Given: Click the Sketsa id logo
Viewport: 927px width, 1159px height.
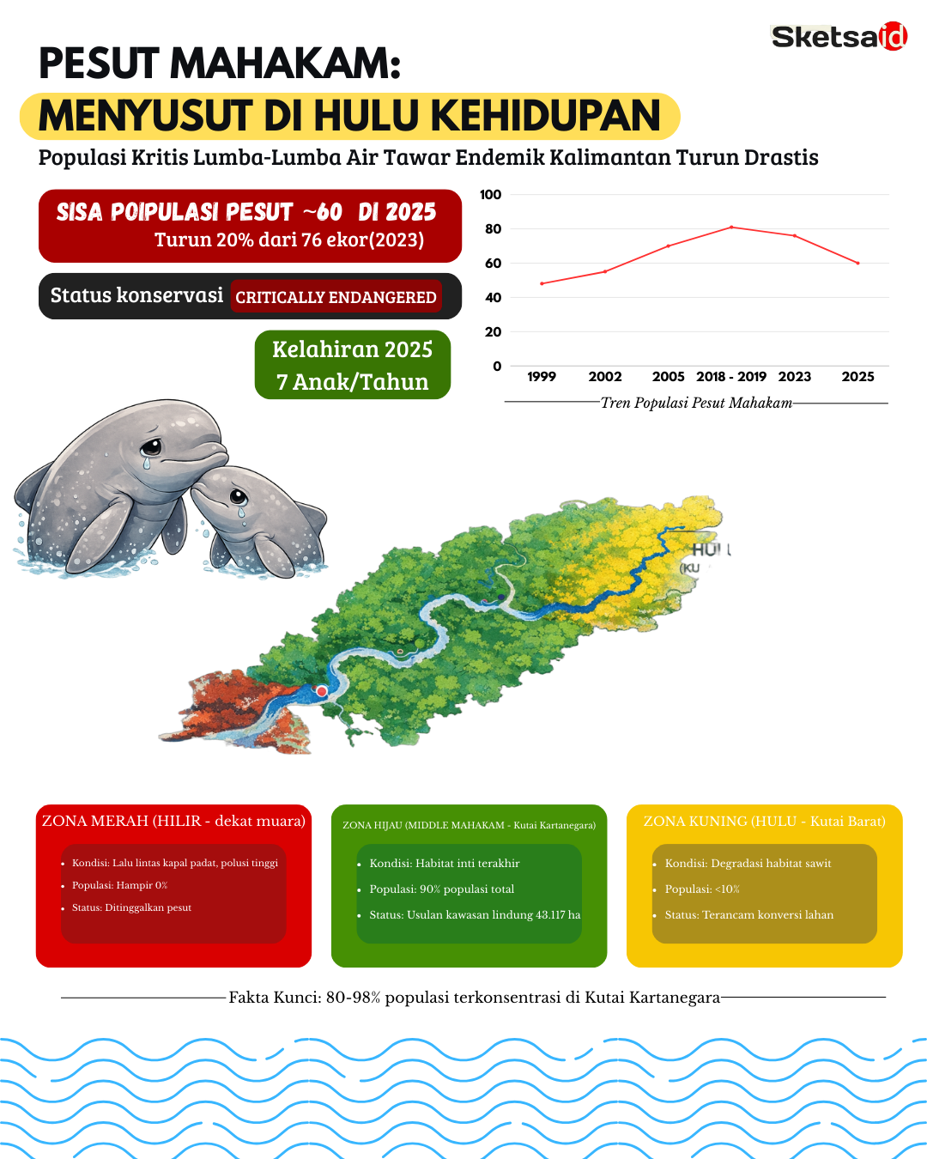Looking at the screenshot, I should [x=839, y=37].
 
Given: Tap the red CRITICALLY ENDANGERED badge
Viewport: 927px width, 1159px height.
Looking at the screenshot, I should [x=336, y=297].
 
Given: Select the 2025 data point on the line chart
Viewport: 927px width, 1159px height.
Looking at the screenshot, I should [x=857, y=263].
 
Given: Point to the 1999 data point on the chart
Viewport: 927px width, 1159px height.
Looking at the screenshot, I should [x=542, y=283].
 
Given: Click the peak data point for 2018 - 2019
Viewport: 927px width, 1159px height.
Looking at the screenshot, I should [x=731, y=227].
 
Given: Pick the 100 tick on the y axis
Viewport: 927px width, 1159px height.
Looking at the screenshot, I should [x=491, y=195].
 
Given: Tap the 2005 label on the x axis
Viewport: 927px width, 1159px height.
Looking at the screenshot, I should [x=668, y=377].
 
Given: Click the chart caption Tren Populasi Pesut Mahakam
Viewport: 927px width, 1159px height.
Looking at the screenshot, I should [x=696, y=403].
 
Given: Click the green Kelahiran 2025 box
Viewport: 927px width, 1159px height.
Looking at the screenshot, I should [x=352, y=365].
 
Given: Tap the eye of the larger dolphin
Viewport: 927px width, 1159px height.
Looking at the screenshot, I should [x=151, y=446].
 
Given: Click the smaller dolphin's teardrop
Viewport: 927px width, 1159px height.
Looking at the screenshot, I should [x=241, y=513].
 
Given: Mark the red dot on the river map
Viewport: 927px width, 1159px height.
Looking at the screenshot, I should [x=322, y=691].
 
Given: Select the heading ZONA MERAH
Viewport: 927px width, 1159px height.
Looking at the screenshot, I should [x=173, y=821].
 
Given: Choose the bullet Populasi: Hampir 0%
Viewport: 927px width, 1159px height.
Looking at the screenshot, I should [x=119, y=885].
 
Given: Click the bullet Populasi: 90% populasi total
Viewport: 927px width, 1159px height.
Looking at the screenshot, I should [x=441, y=889].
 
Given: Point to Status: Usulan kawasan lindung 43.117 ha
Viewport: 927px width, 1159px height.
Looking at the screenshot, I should [x=475, y=915].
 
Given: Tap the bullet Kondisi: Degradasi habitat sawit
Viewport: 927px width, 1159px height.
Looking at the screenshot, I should [x=748, y=864].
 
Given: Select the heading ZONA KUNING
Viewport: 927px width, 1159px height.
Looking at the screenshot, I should [x=764, y=822].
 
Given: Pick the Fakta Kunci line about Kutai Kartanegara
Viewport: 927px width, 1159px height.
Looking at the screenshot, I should [x=474, y=998].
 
